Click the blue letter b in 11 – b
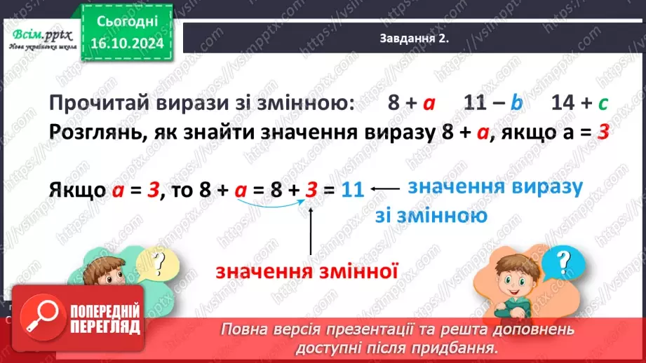tap(517, 104)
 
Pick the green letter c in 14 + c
tap(603, 104)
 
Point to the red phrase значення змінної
tap(307, 270)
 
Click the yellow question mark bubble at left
tap(161, 262)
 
